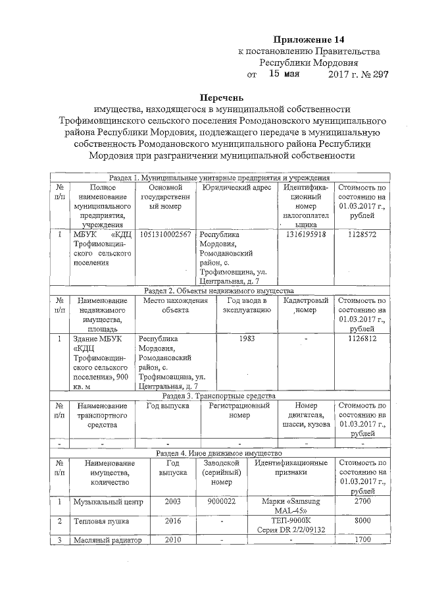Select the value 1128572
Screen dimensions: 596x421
coord(362,234)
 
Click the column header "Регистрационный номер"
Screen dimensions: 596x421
coord(239,411)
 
